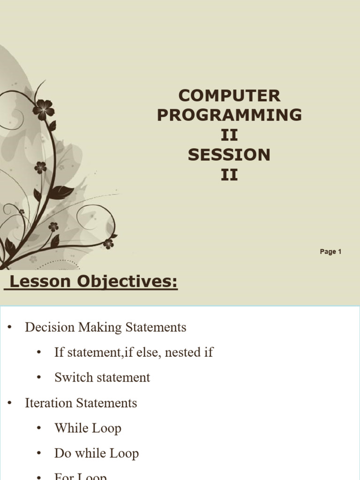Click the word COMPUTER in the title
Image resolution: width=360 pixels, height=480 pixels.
tap(229, 96)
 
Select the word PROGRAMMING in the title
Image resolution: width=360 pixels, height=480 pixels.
tap(229, 115)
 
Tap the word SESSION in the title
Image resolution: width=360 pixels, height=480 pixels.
tap(229, 155)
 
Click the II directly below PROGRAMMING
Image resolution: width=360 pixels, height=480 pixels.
tap(229, 135)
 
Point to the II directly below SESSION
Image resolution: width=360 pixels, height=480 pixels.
tap(229, 175)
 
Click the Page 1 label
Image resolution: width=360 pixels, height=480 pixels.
tap(330, 252)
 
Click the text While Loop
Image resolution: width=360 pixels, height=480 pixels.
tap(88, 428)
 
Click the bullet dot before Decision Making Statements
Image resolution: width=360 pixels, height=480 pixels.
tap(9, 328)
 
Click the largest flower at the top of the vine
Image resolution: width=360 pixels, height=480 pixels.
tap(44, 110)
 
